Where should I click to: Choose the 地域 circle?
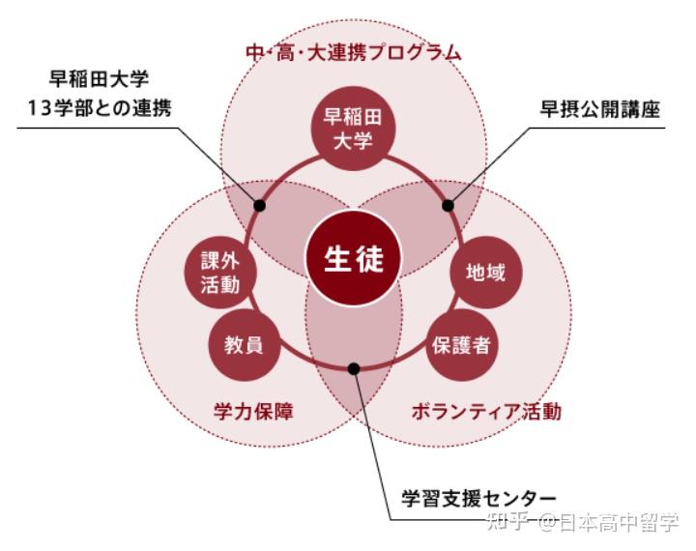tap(484, 273)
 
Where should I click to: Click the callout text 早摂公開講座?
tap(600, 108)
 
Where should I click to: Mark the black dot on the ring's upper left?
tap(259, 205)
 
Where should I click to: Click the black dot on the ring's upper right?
tap(448, 205)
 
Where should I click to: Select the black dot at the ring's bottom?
tap(354, 368)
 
